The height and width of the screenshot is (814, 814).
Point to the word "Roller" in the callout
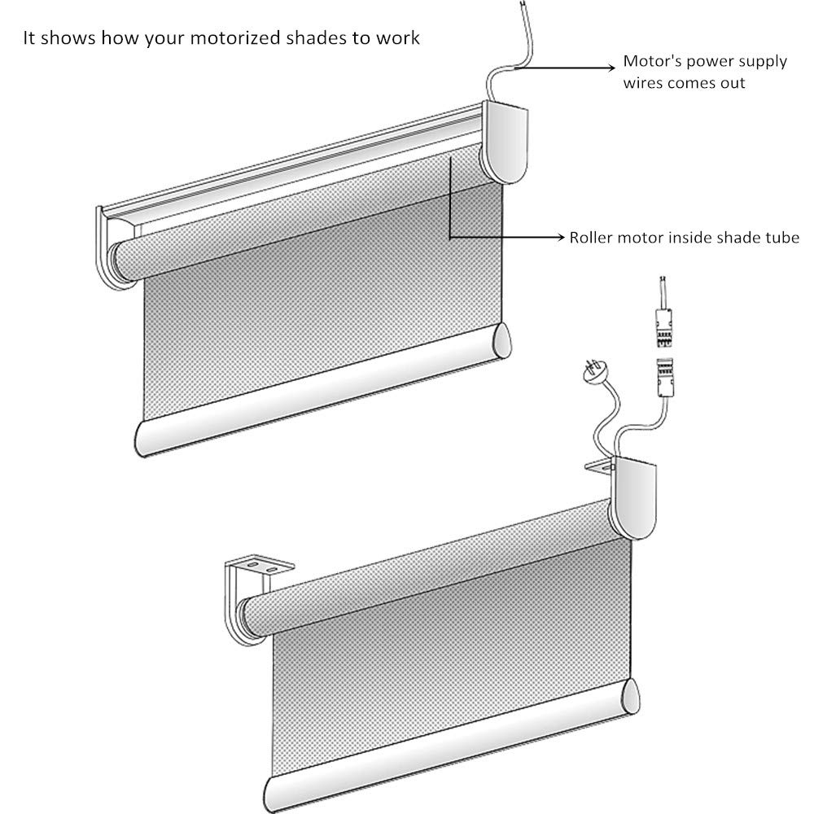point(592,238)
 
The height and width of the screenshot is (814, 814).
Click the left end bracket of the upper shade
point(109,244)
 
